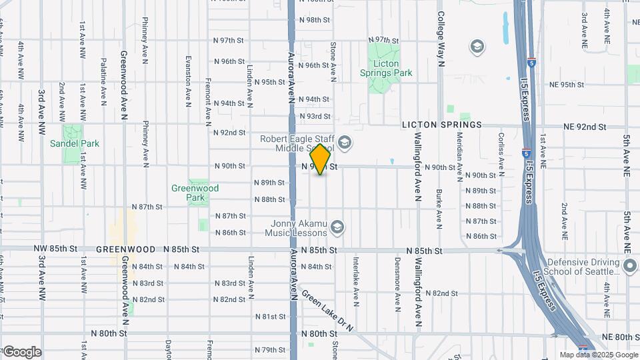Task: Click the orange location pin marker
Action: (321, 159)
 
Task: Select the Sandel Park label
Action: (74, 143)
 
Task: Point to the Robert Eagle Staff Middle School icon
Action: (345, 141)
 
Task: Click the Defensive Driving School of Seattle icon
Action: (630, 265)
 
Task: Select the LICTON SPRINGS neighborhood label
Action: (441, 125)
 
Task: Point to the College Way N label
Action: (441, 39)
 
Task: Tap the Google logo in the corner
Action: (22, 352)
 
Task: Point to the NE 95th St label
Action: (566, 85)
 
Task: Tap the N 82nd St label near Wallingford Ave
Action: (441, 293)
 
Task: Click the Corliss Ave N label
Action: (501, 150)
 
